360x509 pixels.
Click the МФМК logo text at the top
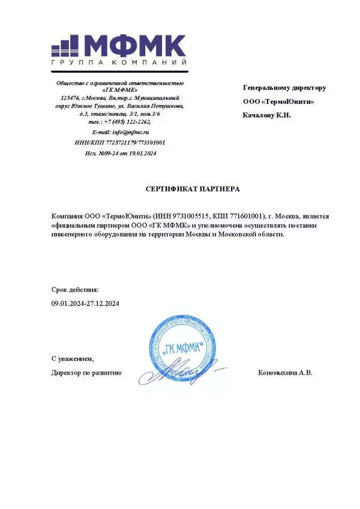(x=134, y=46)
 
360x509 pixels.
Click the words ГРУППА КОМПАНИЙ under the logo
(x=119, y=63)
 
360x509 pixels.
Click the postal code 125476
(x=70, y=98)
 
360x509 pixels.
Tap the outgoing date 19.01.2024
(x=142, y=154)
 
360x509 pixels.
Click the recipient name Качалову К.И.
(x=267, y=115)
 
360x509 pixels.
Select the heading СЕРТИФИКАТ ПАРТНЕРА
(x=193, y=189)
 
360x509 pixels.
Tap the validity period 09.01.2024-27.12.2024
(x=86, y=304)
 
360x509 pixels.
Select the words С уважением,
(x=73, y=359)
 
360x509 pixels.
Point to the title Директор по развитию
(x=87, y=373)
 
